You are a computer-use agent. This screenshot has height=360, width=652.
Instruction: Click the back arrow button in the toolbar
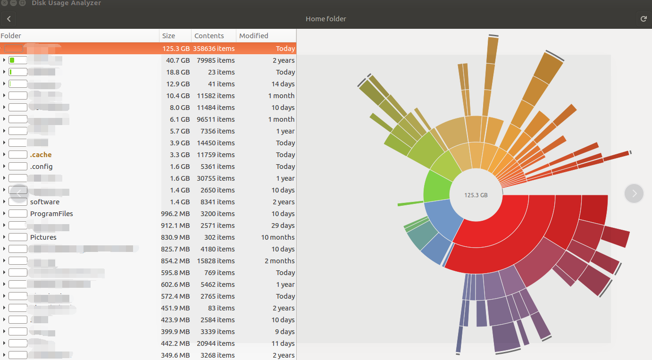8,19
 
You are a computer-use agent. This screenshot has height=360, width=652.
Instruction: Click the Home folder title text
326,19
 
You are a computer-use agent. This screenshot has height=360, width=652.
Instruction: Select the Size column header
168,36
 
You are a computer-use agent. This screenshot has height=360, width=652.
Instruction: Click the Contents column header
209,36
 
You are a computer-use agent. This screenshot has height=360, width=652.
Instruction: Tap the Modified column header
253,36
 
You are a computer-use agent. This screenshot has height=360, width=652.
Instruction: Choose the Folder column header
11,36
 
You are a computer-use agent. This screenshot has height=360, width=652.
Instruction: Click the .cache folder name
41,155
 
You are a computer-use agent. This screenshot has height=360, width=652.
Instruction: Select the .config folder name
41,167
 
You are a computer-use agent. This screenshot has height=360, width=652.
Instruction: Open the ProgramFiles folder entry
51,214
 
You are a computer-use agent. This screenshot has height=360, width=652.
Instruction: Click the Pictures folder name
43,237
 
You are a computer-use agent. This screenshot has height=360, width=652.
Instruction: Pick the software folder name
44,202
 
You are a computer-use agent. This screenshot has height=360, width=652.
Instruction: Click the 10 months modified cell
278,237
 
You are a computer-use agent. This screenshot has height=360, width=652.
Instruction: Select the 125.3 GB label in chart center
476,195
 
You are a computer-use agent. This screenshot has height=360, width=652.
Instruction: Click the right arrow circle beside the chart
634,193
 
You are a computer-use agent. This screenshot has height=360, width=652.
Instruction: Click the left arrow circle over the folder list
19,193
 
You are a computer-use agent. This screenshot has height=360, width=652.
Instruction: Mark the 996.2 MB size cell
176,214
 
